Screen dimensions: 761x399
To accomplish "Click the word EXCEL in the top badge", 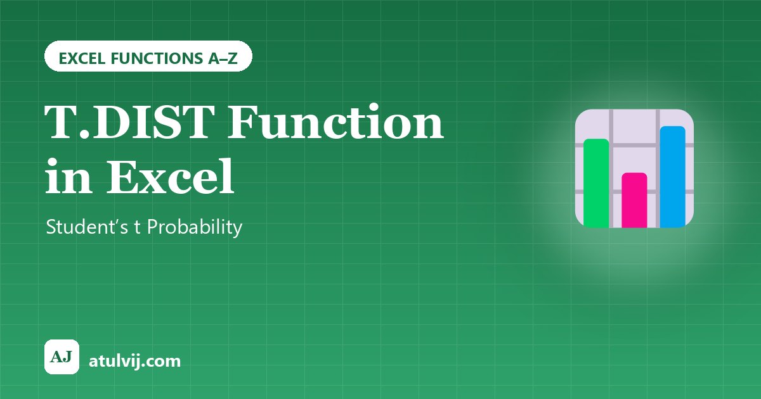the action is [x=82, y=58].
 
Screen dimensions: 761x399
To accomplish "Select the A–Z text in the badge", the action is [x=223, y=58].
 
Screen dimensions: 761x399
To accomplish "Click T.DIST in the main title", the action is [x=129, y=122].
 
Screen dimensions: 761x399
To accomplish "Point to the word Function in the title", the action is [x=335, y=122].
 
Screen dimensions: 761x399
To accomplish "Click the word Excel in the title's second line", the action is [x=171, y=176].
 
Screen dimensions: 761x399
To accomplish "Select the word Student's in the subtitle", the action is [x=87, y=226].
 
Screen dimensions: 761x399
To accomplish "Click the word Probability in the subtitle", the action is [x=195, y=227].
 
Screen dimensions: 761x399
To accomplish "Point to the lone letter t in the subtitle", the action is [x=137, y=227].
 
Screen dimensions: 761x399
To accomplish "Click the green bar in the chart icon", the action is [x=596, y=183].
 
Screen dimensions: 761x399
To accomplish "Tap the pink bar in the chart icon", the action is [x=634, y=200].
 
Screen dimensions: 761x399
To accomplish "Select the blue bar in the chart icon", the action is [x=673, y=177].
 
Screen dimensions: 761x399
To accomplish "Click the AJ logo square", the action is [x=62, y=357].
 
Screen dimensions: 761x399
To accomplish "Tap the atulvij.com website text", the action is [x=134, y=362].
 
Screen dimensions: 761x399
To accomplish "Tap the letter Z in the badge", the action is [x=232, y=58].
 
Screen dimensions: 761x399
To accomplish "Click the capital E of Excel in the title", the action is [x=124, y=177].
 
